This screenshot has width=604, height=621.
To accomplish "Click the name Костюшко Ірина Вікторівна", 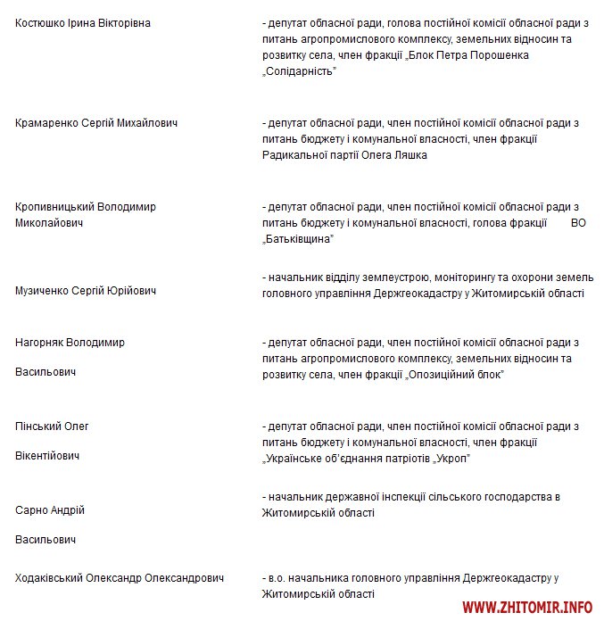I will tap(83, 23).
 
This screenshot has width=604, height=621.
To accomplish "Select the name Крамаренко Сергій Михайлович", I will tap(96, 123).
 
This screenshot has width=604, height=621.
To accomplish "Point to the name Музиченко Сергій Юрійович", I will tap(86, 291).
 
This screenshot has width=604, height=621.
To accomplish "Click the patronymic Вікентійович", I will tap(47, 456).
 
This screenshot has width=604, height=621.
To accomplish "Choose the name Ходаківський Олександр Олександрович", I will tap(120, 578).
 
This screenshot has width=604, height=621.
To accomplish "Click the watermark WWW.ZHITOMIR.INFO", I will tap(527, 608).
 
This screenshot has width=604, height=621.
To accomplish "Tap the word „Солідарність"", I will tap(299, 71).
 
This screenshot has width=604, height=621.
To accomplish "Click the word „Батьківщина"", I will tap(298, 239).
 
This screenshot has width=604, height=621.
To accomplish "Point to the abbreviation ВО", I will tap(578, 223).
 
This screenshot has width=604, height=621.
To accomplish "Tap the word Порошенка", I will tap(496, 55).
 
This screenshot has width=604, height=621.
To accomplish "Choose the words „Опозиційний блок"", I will tap(455, 375).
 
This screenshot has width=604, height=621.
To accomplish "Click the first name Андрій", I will tap(67, 510).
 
